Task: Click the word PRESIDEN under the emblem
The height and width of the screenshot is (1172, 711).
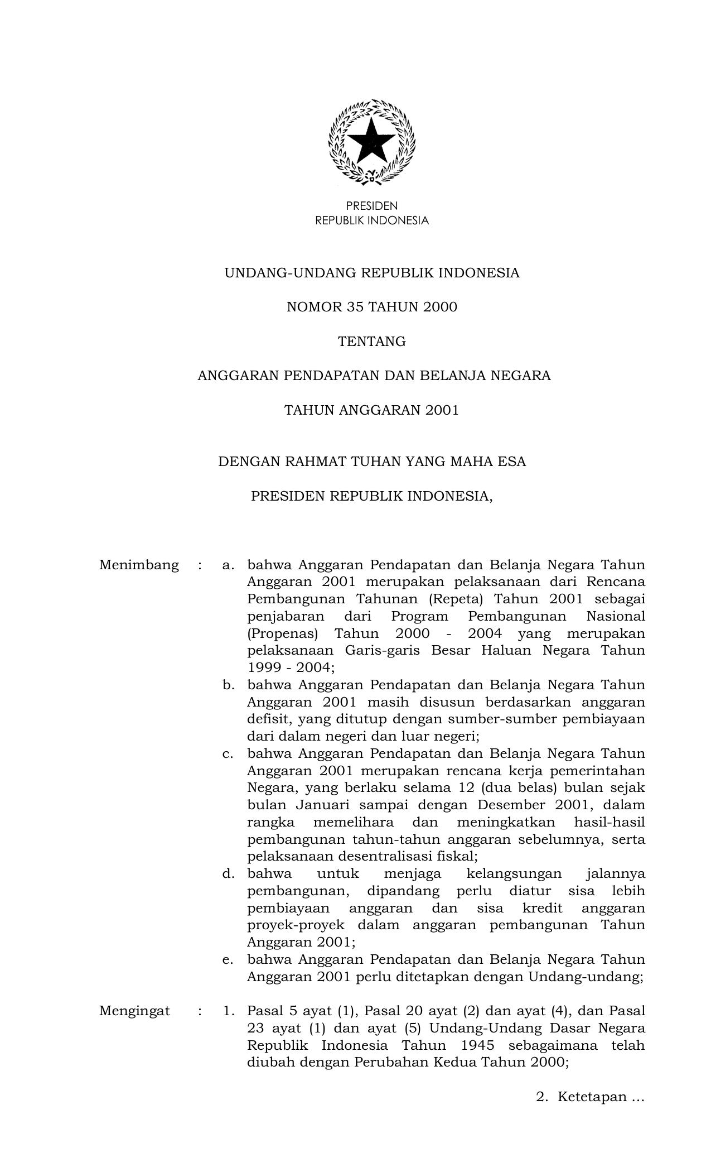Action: coord(372,206)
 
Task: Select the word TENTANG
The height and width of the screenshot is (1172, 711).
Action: coord(372,342)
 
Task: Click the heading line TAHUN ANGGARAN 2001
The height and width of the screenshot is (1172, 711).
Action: coord(372,410)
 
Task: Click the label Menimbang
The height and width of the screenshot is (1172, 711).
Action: coord(139,565)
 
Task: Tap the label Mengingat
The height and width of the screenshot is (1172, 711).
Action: coord(134,1011)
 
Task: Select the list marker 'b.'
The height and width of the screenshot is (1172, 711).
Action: coord(228,685)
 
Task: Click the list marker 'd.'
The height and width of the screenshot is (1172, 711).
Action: coord(228,873)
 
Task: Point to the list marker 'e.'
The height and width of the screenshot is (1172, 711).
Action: coord(228,959)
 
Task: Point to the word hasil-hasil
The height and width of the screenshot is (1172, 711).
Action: coord(609,823)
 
